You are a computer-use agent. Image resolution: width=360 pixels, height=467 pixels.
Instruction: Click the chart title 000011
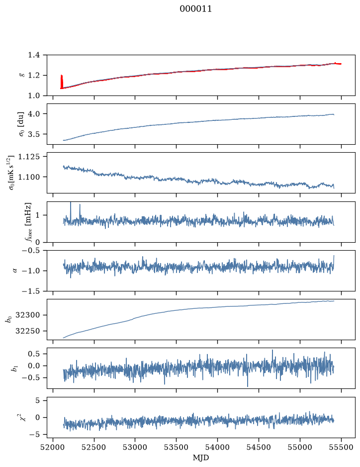tap(195, 9)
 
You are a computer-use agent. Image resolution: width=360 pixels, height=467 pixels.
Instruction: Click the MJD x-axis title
tap(201, 458)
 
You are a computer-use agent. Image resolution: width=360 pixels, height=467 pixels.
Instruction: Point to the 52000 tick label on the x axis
tap(53, 447)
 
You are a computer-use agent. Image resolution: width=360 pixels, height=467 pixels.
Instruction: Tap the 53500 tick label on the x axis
tap(177, 447)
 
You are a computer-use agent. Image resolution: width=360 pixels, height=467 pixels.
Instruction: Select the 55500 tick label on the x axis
tap(341, 447)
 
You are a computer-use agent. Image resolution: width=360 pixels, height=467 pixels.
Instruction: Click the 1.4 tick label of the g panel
tap(34, 55)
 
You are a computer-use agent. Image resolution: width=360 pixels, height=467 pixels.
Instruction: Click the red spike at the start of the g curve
tap(62, 81)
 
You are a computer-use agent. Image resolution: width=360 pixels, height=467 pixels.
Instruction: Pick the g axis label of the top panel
tap(21, 75)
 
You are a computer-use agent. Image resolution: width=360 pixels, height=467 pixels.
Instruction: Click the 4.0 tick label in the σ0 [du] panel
tap(34, 114)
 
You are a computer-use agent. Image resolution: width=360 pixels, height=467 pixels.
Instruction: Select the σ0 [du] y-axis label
tap(21, 124)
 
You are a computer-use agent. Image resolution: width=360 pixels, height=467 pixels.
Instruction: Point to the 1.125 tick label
tap(29, 157)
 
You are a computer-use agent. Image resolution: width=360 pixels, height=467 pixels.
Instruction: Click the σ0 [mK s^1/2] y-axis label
tap(11, 173)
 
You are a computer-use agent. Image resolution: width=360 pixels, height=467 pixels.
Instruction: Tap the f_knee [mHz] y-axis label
tap(28, 222)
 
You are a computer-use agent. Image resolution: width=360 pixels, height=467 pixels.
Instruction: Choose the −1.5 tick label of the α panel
tap(31, 291)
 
